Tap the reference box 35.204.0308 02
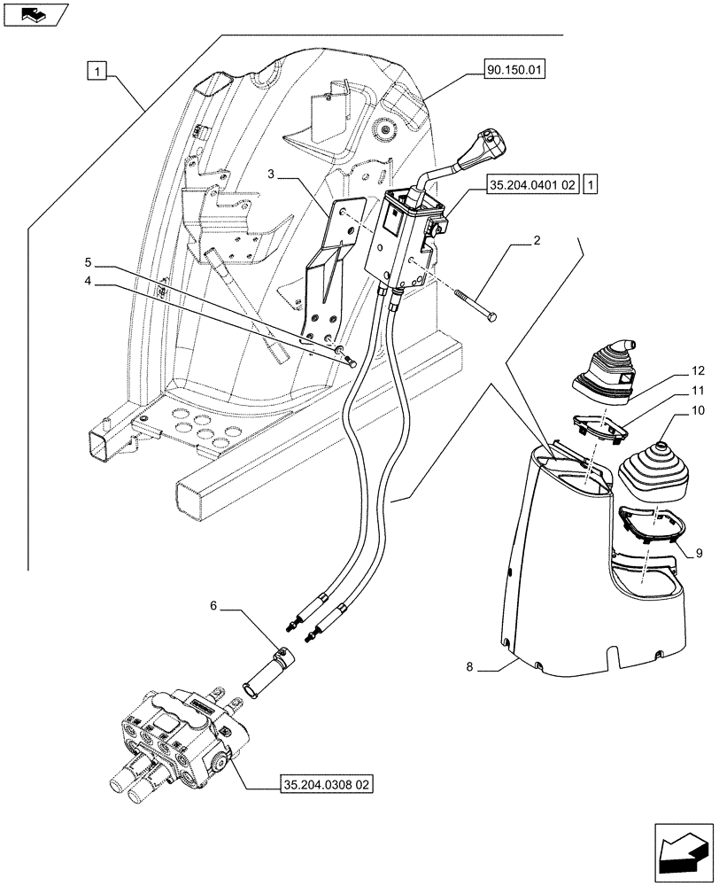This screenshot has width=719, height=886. [326, 784]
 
